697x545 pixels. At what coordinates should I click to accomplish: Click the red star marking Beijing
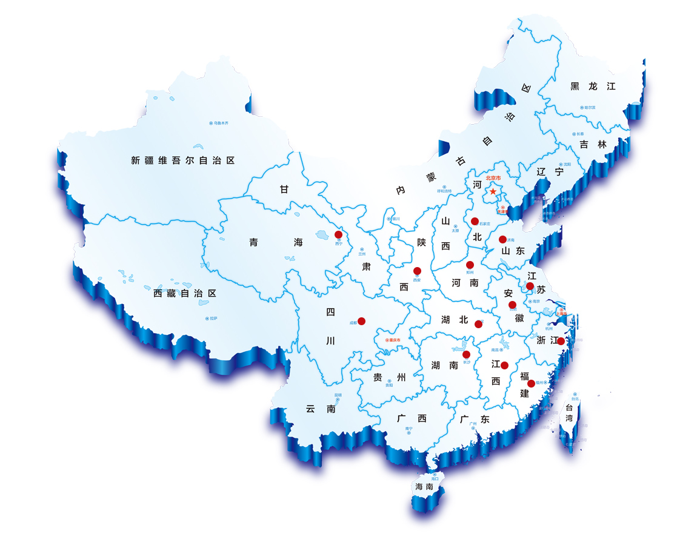point(493,191)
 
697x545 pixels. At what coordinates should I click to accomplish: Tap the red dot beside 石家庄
point(475,221)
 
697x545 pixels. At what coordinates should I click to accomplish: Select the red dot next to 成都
point(361,321)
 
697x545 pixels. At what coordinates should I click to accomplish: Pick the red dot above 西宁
point(338,234)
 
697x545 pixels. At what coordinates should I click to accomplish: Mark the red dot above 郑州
point(470,265)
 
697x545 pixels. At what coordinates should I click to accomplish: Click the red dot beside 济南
point(502,239)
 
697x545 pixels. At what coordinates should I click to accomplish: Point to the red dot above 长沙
point(466,354)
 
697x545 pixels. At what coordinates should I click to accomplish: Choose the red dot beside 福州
point(531,383)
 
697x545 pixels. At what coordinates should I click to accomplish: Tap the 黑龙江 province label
point(593,87)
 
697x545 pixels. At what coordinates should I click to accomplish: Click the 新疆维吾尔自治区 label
point(182,160)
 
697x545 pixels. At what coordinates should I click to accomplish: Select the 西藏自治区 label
point(185,293)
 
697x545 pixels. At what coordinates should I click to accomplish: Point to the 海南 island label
point(424,486)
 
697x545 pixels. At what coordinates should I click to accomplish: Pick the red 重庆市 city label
point(393,340)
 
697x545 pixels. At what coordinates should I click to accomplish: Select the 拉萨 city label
point(213,319)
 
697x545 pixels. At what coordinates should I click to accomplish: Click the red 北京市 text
point(494,179)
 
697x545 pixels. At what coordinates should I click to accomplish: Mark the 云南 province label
point(321,409)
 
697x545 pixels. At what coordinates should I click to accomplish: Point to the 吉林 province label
point(593,144)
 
